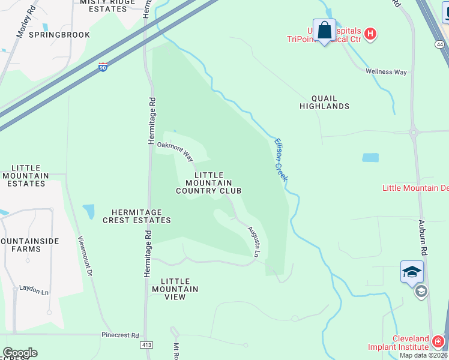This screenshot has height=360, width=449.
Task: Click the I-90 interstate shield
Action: (103, 67)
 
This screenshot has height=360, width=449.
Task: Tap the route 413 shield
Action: (146, 346)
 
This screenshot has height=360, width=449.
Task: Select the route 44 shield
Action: (440, 45)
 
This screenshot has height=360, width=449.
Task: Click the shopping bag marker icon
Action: (324, 30)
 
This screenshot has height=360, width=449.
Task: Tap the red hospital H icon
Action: (370, 34)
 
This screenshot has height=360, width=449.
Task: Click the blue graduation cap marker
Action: (412, 272)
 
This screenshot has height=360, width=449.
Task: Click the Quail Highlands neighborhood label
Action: (324, 102)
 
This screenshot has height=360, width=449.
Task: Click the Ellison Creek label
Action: (281, 160)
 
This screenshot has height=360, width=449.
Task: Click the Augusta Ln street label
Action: (255, 242)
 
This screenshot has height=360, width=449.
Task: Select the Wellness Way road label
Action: (387, 72)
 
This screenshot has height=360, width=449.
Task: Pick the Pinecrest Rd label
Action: (120, 335)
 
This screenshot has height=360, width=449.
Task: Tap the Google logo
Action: (20, 353)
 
